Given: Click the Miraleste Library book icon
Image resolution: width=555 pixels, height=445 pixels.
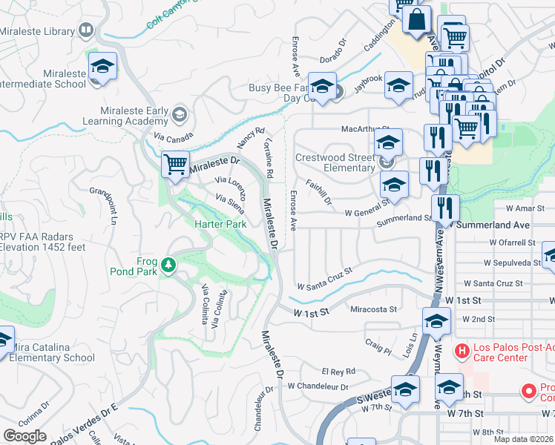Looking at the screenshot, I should (x=86, y=30).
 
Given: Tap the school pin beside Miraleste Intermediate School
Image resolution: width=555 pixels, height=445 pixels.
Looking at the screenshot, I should (x=102, y=67).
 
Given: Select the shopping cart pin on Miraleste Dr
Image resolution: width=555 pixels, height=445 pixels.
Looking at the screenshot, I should (x=175, y=164).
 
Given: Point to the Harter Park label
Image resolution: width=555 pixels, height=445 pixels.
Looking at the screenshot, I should (x=220, y=223).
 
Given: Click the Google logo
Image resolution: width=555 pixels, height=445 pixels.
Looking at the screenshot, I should (x=24, y=436).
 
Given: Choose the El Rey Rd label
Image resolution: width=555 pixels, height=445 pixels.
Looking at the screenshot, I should (x=338, y=371).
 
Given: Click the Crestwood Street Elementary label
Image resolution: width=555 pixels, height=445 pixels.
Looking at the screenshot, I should (x=335, y=162).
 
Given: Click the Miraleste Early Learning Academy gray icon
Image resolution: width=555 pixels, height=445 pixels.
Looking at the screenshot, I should (x=179, y=114).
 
